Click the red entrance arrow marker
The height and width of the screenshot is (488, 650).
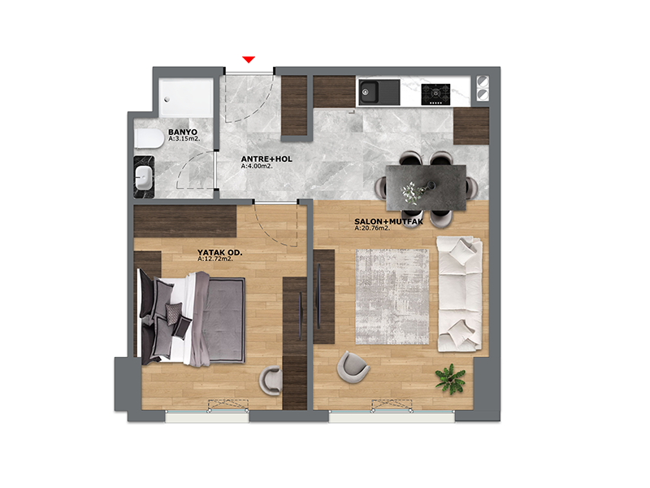click(x=249, y=59)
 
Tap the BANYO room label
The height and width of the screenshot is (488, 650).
click(x=183, y=132)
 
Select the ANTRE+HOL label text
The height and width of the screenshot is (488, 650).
click(x=266, y=159)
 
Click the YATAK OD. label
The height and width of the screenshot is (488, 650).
click(x=219, y=252)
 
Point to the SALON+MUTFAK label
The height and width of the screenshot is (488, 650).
click(x=389, y=221)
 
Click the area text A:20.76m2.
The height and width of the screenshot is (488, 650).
click(x=372, y=228)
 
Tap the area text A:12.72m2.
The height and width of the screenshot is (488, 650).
click(x=215, y=259)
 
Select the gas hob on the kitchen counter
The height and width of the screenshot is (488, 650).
click(x=435, y=94)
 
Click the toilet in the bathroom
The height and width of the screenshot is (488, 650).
click(x=149, y=138)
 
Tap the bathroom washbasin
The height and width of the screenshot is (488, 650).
click(x=144, y=177)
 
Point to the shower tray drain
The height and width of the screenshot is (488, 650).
click(x=167, y=99)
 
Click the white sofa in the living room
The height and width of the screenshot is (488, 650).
click(x=460, y=294)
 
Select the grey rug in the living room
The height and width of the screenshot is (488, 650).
click(x=392, y=296)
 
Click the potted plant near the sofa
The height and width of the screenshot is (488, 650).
click(x=451, y=379)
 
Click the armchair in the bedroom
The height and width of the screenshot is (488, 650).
click(x=271, y=381)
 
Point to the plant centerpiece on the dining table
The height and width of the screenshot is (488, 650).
click(x=413, y=193)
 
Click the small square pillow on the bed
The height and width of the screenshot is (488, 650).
click(x=173, y=310)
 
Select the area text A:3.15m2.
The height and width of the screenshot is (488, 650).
click(x=184, y=138)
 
